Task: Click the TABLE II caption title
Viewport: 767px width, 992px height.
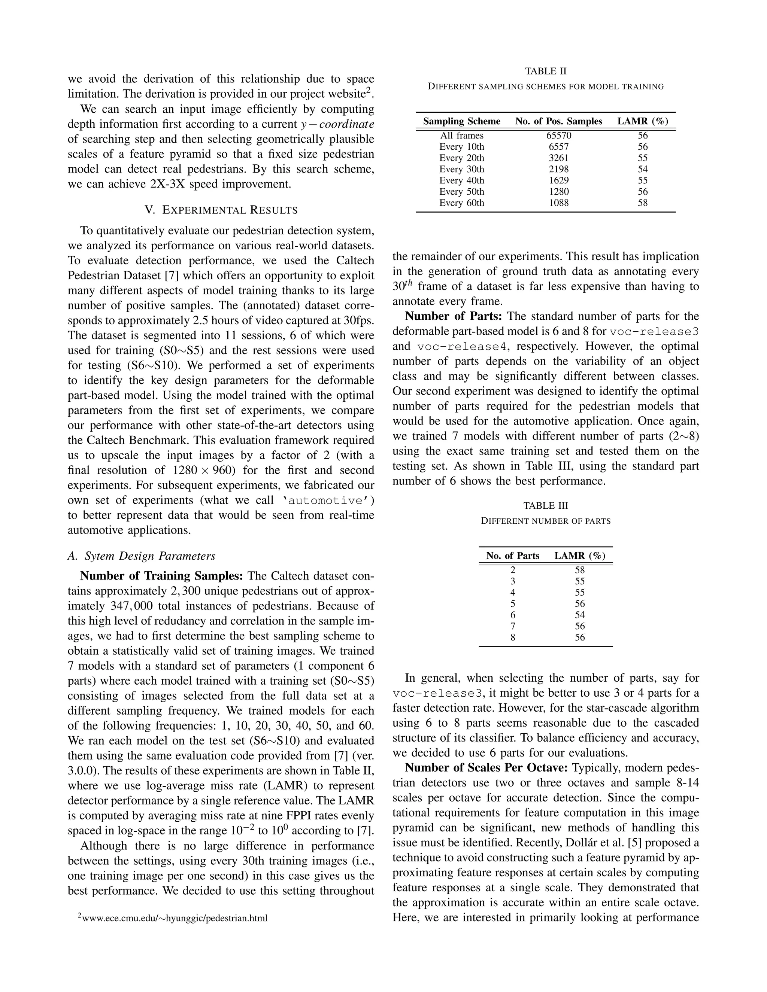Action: [545, 71]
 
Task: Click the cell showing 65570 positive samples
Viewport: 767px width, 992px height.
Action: [558, 136]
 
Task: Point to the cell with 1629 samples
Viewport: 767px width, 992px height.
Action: [558, 180]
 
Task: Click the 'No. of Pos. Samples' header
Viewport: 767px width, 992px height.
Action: [558, 121]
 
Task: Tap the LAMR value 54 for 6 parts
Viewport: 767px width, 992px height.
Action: [579, 615]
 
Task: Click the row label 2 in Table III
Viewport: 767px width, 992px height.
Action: [513, 570]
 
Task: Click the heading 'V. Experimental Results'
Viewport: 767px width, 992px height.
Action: [221, 210]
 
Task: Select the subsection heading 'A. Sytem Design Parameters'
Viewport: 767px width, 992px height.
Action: [141, 556]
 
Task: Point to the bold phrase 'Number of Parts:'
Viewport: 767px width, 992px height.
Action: [453, 317]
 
